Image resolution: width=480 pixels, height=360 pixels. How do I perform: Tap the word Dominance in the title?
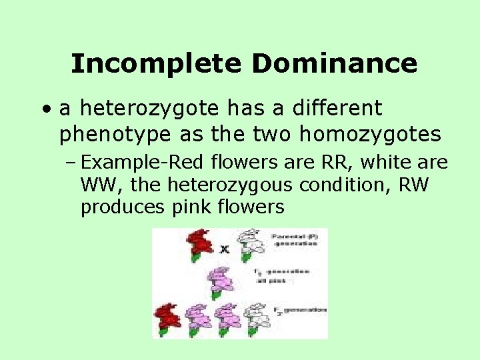click(335, 64)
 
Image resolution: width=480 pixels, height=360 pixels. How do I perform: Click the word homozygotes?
click(370, 134)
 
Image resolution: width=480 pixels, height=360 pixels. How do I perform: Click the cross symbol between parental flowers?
click(225, 249)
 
